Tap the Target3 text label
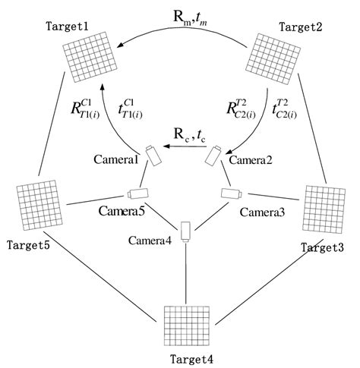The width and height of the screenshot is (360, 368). coord(321,247)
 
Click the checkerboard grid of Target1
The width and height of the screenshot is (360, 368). coord(90,58)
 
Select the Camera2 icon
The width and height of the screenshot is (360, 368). coord(211,157)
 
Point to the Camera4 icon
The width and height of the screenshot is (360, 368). coord(185,228)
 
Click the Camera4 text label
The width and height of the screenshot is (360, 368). coord(150,241)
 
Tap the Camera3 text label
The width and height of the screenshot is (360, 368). coord(262,212)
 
